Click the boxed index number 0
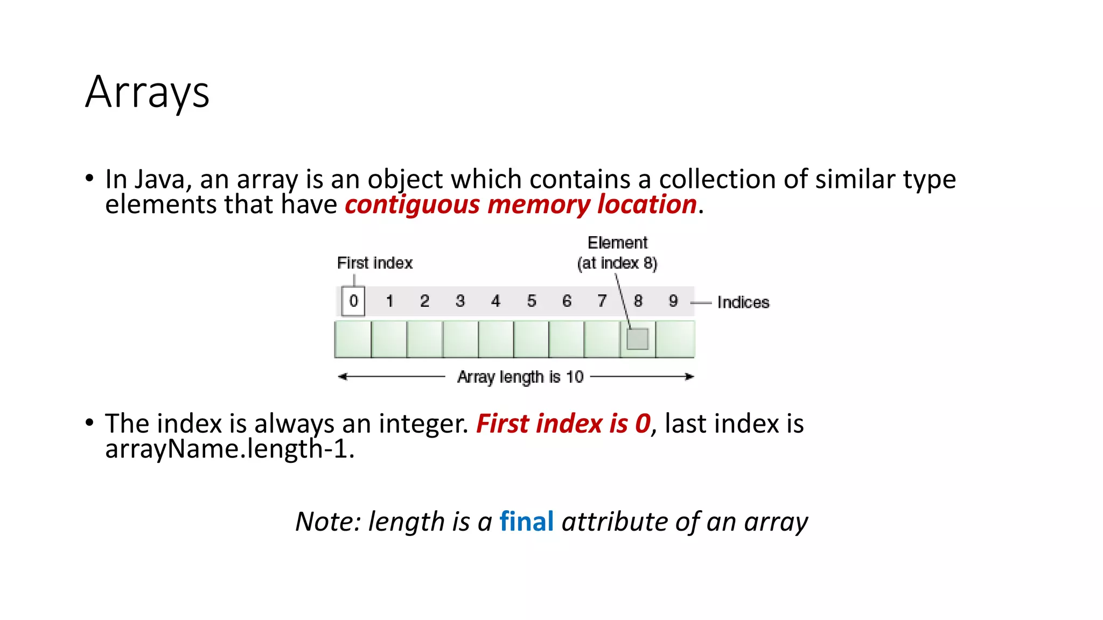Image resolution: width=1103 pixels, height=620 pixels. (353, 301)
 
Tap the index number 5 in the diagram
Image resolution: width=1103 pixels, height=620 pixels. (532, 301)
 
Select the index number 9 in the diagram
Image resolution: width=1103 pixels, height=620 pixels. (673, 301)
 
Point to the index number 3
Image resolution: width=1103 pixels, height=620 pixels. (460, 301)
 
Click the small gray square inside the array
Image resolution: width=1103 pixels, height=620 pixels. (638, 339)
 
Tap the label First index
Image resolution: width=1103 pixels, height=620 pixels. (375, 263)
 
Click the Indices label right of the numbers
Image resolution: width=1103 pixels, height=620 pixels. (743, 302)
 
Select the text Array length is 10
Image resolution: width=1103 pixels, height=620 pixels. (520, 377)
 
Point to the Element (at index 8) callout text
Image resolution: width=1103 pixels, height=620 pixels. (617, 253)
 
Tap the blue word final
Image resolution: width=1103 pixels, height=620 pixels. (526, 522)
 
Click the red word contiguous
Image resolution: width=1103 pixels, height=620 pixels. (412, 205)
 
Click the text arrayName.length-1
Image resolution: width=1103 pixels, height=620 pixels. (229, 449)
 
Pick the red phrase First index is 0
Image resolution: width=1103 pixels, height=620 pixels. (563, 424)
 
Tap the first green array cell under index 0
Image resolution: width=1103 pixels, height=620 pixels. (353, 339)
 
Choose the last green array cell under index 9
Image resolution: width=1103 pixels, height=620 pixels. (675, 339)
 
